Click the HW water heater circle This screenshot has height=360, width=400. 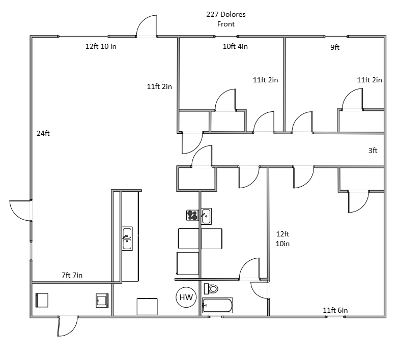pyautogui.click(x=186, y=297)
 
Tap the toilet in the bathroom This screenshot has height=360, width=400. pyautogui.click(x=211, y=289)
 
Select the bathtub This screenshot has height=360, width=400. pyautogui.click(x=217, y=306)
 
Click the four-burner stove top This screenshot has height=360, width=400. pyautogui.click(x=192, y=215)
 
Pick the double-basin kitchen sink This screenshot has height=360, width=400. pyautogui.click(x=127, y=238)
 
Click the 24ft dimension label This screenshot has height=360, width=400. pyautogui.click(x=43, y=133)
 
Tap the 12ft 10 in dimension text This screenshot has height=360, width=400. pyautogui.click(x=101, y=46)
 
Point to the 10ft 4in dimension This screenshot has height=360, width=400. pyautogui.click(x=235, y=46)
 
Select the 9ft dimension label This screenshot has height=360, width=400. pyautogui.click(x=335, y=47)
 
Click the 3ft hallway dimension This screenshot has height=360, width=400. pyautogui.click(x=373, y=151)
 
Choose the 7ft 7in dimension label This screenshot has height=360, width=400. pyautogui.click(x=72, y=275)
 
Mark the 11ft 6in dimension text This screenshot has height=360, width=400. pyautogui.click(x=335, y=310)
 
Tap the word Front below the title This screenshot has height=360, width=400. pyautogui.click(x=226, y=24)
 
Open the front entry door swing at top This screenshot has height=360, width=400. pyautogui.click(x=147, y=26)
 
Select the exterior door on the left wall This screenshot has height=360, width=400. pyautogui.click(x=20, y=211)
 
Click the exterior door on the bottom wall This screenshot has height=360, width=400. pyautogui.click(x=67, y=326)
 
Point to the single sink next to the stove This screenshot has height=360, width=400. pyautogui.click(x=206, y=216)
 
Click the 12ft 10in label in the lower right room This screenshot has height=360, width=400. pyautogui.click(x=282, y=239)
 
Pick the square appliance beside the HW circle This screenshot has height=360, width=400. pyautogui.click(x=147, y=307)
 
